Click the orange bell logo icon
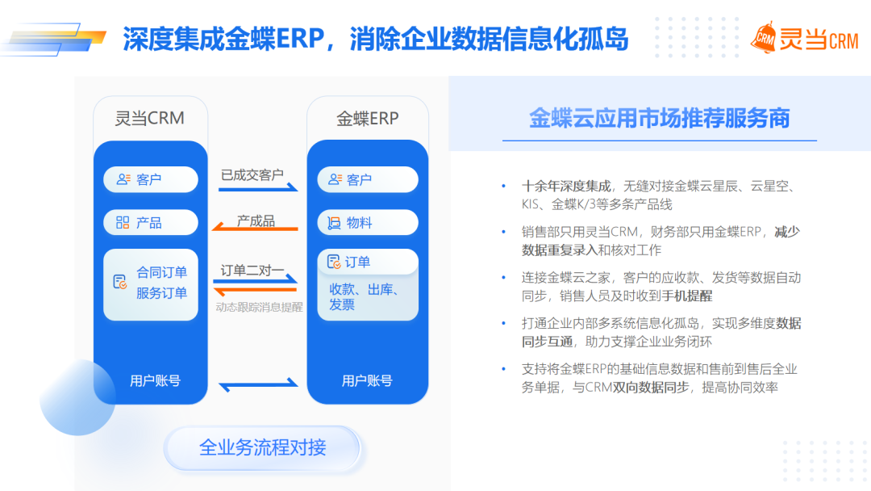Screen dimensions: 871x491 [765, 39]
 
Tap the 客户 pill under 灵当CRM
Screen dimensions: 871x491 [151, 179]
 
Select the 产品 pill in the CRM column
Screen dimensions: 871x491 [151, 223]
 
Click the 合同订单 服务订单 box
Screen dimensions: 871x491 [151, 284]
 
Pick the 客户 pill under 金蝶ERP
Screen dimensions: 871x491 [368, 179]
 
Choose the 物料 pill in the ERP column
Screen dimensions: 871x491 [368, 223]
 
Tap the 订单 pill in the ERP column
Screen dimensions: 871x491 [368, 262]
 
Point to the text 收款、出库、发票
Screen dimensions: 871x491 [365, 297]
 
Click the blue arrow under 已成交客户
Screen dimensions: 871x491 [258, 188]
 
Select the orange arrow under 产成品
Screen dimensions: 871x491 [255, 227]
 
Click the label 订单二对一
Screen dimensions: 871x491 [252, 271]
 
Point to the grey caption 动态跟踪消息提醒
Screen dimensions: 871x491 [259, 307]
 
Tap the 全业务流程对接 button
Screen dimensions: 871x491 [262, 447]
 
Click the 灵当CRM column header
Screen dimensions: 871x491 [149, 119]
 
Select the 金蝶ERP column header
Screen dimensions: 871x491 [367, 119]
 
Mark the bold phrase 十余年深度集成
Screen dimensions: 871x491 [566, 187]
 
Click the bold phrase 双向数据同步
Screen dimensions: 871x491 [651, 388]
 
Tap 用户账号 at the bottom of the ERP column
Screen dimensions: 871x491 [367, 381]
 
